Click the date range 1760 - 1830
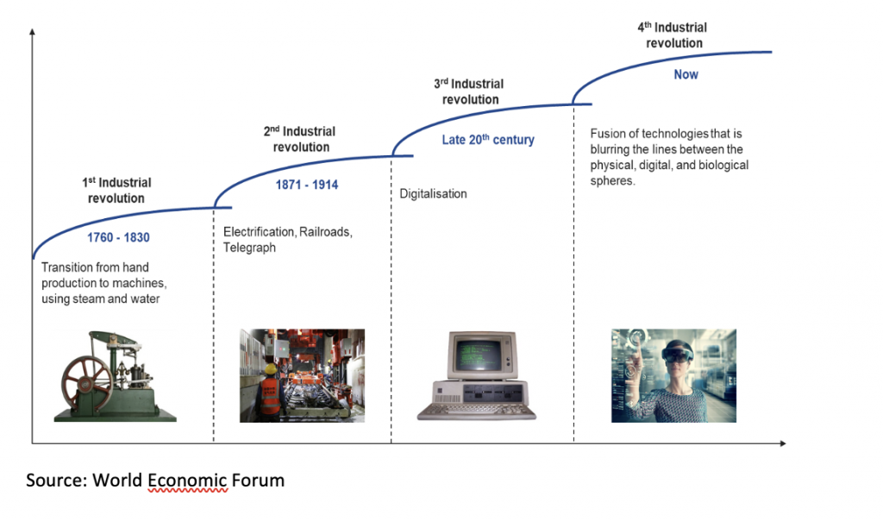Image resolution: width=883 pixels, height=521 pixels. click(118, 238)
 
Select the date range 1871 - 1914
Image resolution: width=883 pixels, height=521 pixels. click(307, 185)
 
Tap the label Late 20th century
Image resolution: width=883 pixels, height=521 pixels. click(488, 140)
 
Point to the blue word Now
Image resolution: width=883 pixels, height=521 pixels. click(686, 74)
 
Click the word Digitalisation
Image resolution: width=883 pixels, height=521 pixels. click(433, 194)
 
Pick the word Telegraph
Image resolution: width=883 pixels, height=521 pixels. click(249, 248)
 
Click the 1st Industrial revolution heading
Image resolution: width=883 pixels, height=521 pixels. click(116, 191)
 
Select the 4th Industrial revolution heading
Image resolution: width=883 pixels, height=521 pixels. click(673, 35)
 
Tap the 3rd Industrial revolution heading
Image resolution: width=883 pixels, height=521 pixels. click(469, 91)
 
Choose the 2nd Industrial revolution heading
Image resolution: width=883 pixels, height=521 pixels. click(299, 139)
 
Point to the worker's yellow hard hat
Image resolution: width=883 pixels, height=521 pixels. click(272, 369)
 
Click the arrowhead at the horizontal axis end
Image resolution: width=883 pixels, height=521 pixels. click(782, 444)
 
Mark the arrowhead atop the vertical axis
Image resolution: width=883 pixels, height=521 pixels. click(33, 32)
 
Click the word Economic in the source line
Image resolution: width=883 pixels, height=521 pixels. click(187, 480)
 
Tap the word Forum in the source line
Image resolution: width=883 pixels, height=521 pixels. click(258, 480)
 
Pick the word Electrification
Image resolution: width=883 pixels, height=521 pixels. click(259, 232)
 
